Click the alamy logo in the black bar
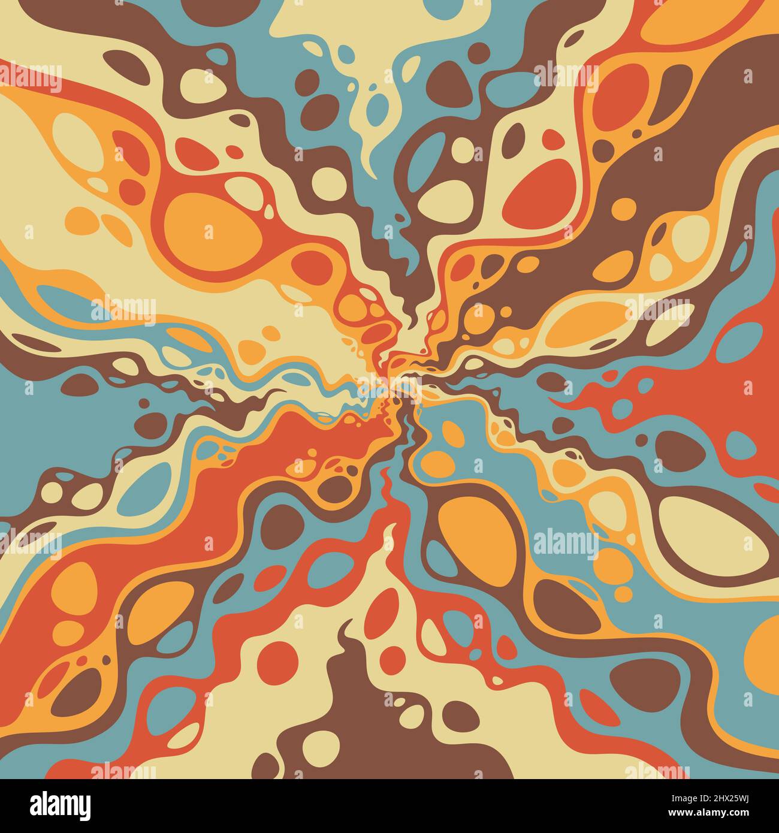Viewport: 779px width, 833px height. pyautogui.click(x=60, y=805)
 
